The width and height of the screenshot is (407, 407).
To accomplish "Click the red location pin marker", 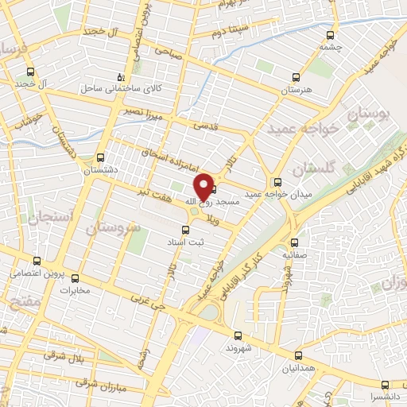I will click(204, 186).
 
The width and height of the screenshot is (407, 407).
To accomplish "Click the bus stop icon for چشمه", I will click(331, 34).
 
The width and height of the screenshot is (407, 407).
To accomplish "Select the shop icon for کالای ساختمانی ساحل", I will click(120, 77).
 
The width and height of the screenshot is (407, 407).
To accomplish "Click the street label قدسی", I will click(203, 125).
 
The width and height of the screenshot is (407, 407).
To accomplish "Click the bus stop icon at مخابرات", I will click(76, 278).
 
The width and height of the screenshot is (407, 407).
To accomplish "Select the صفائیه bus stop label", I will click(295, 256).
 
